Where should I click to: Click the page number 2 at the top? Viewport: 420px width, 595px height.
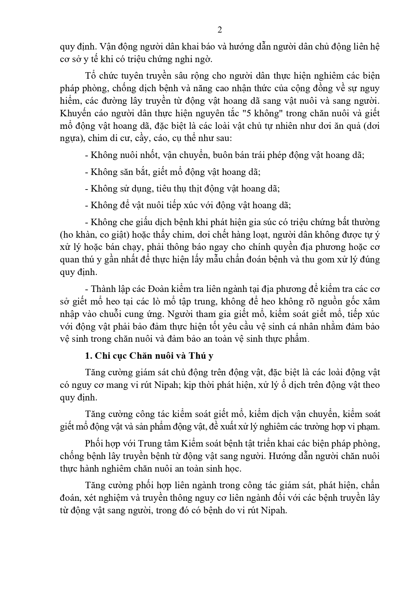click(x=220, y=30)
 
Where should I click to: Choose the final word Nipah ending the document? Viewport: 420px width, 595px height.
click(x=273, y=511)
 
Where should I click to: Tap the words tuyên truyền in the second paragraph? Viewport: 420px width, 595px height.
click(x=133, y=75)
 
